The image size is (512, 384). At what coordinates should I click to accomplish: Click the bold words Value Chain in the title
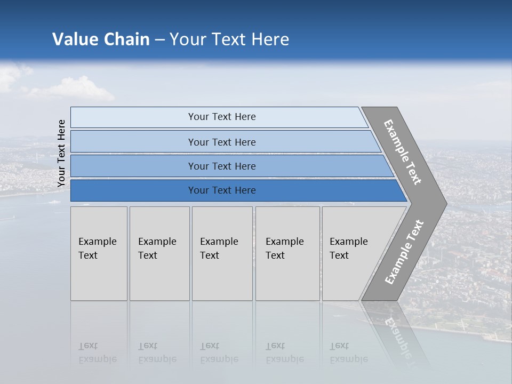[101, 39]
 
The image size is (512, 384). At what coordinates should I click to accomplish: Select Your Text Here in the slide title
[229, 39]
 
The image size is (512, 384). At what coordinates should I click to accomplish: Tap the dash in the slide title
[159, 40]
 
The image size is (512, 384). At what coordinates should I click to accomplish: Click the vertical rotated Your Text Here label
[61, 153]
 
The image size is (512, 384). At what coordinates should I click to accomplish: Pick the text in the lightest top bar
[222, 117]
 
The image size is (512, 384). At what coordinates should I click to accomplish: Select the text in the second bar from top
[222, 142]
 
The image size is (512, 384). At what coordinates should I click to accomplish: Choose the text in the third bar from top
[222, 166]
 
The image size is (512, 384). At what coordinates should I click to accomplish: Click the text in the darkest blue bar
[222, 190]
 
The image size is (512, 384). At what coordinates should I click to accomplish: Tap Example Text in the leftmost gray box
[97, 249]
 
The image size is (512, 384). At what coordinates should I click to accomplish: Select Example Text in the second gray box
[157, 249]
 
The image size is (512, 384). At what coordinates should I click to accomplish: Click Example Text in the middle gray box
[219, 249]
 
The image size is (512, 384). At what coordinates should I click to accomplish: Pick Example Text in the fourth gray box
[284, 249]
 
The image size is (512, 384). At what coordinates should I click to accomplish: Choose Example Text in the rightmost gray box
[348, 249]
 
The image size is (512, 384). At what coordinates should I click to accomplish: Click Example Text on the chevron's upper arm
[403, 152]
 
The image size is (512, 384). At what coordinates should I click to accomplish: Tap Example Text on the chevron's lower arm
[404, 252]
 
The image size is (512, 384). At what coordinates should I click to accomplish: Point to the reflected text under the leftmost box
[97, 353]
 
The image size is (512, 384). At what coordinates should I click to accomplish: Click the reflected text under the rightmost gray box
[348, 353]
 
